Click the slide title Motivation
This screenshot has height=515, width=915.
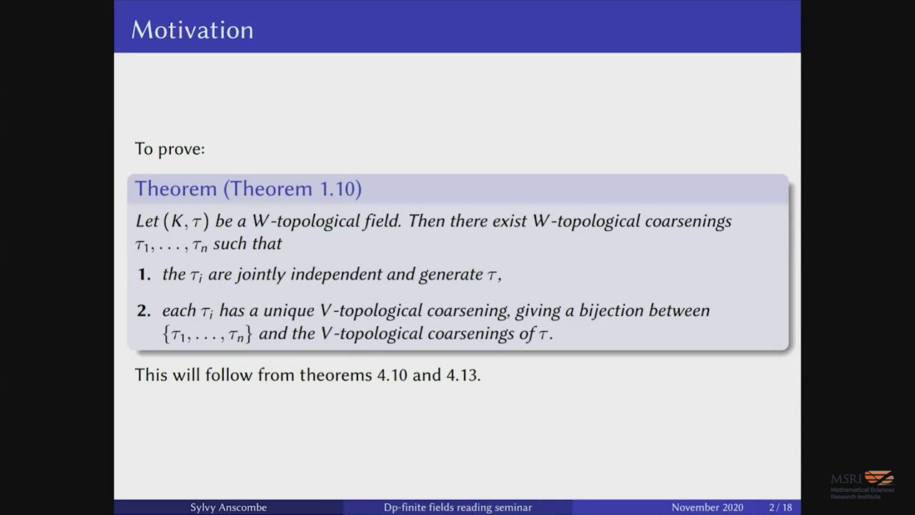click(x=192, y=30)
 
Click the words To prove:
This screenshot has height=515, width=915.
click(x=170, y=149)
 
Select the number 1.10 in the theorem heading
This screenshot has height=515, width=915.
click(x=337, y=188)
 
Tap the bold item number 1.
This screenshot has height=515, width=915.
click(x=144, y=274)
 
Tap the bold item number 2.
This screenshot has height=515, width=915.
click(x=144, y=310)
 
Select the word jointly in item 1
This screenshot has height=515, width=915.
click(x=261, y=274)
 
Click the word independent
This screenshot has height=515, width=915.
click(x=336, y=274)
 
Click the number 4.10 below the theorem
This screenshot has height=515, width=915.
click(x=392, y=375)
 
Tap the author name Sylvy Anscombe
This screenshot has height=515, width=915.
click(x=228, y=507)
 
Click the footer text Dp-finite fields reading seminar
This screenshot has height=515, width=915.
click(x=457, y=507)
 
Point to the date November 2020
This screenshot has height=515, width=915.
click(x=707, y=507)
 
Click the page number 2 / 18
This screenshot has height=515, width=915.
click(x=780, y=507)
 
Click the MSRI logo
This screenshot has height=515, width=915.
click(x=862, y=485)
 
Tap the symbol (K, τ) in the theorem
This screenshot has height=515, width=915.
click(x=187, y=221)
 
